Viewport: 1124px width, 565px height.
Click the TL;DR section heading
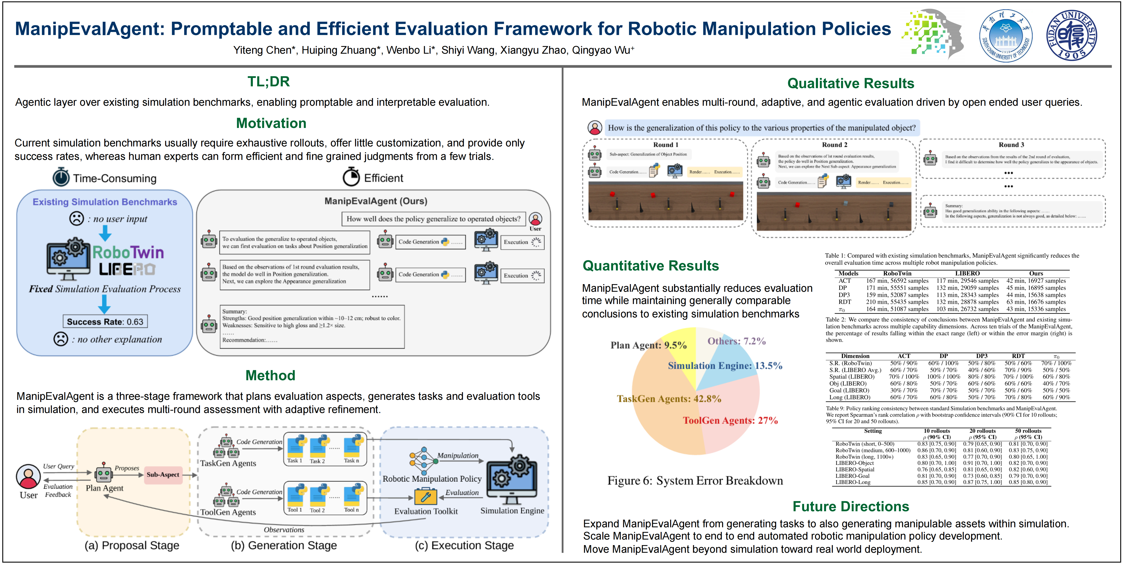pos(268,82)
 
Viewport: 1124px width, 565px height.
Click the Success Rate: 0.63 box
pos(105,322)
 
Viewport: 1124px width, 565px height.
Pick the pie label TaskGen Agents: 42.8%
pos(669,399)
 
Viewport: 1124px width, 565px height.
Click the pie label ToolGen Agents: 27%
pos(730,421)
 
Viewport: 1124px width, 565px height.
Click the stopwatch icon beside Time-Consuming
pos(61,177)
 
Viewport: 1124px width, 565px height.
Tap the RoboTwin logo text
pos(128,252)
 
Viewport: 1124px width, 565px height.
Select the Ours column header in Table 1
pos(1036,273)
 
